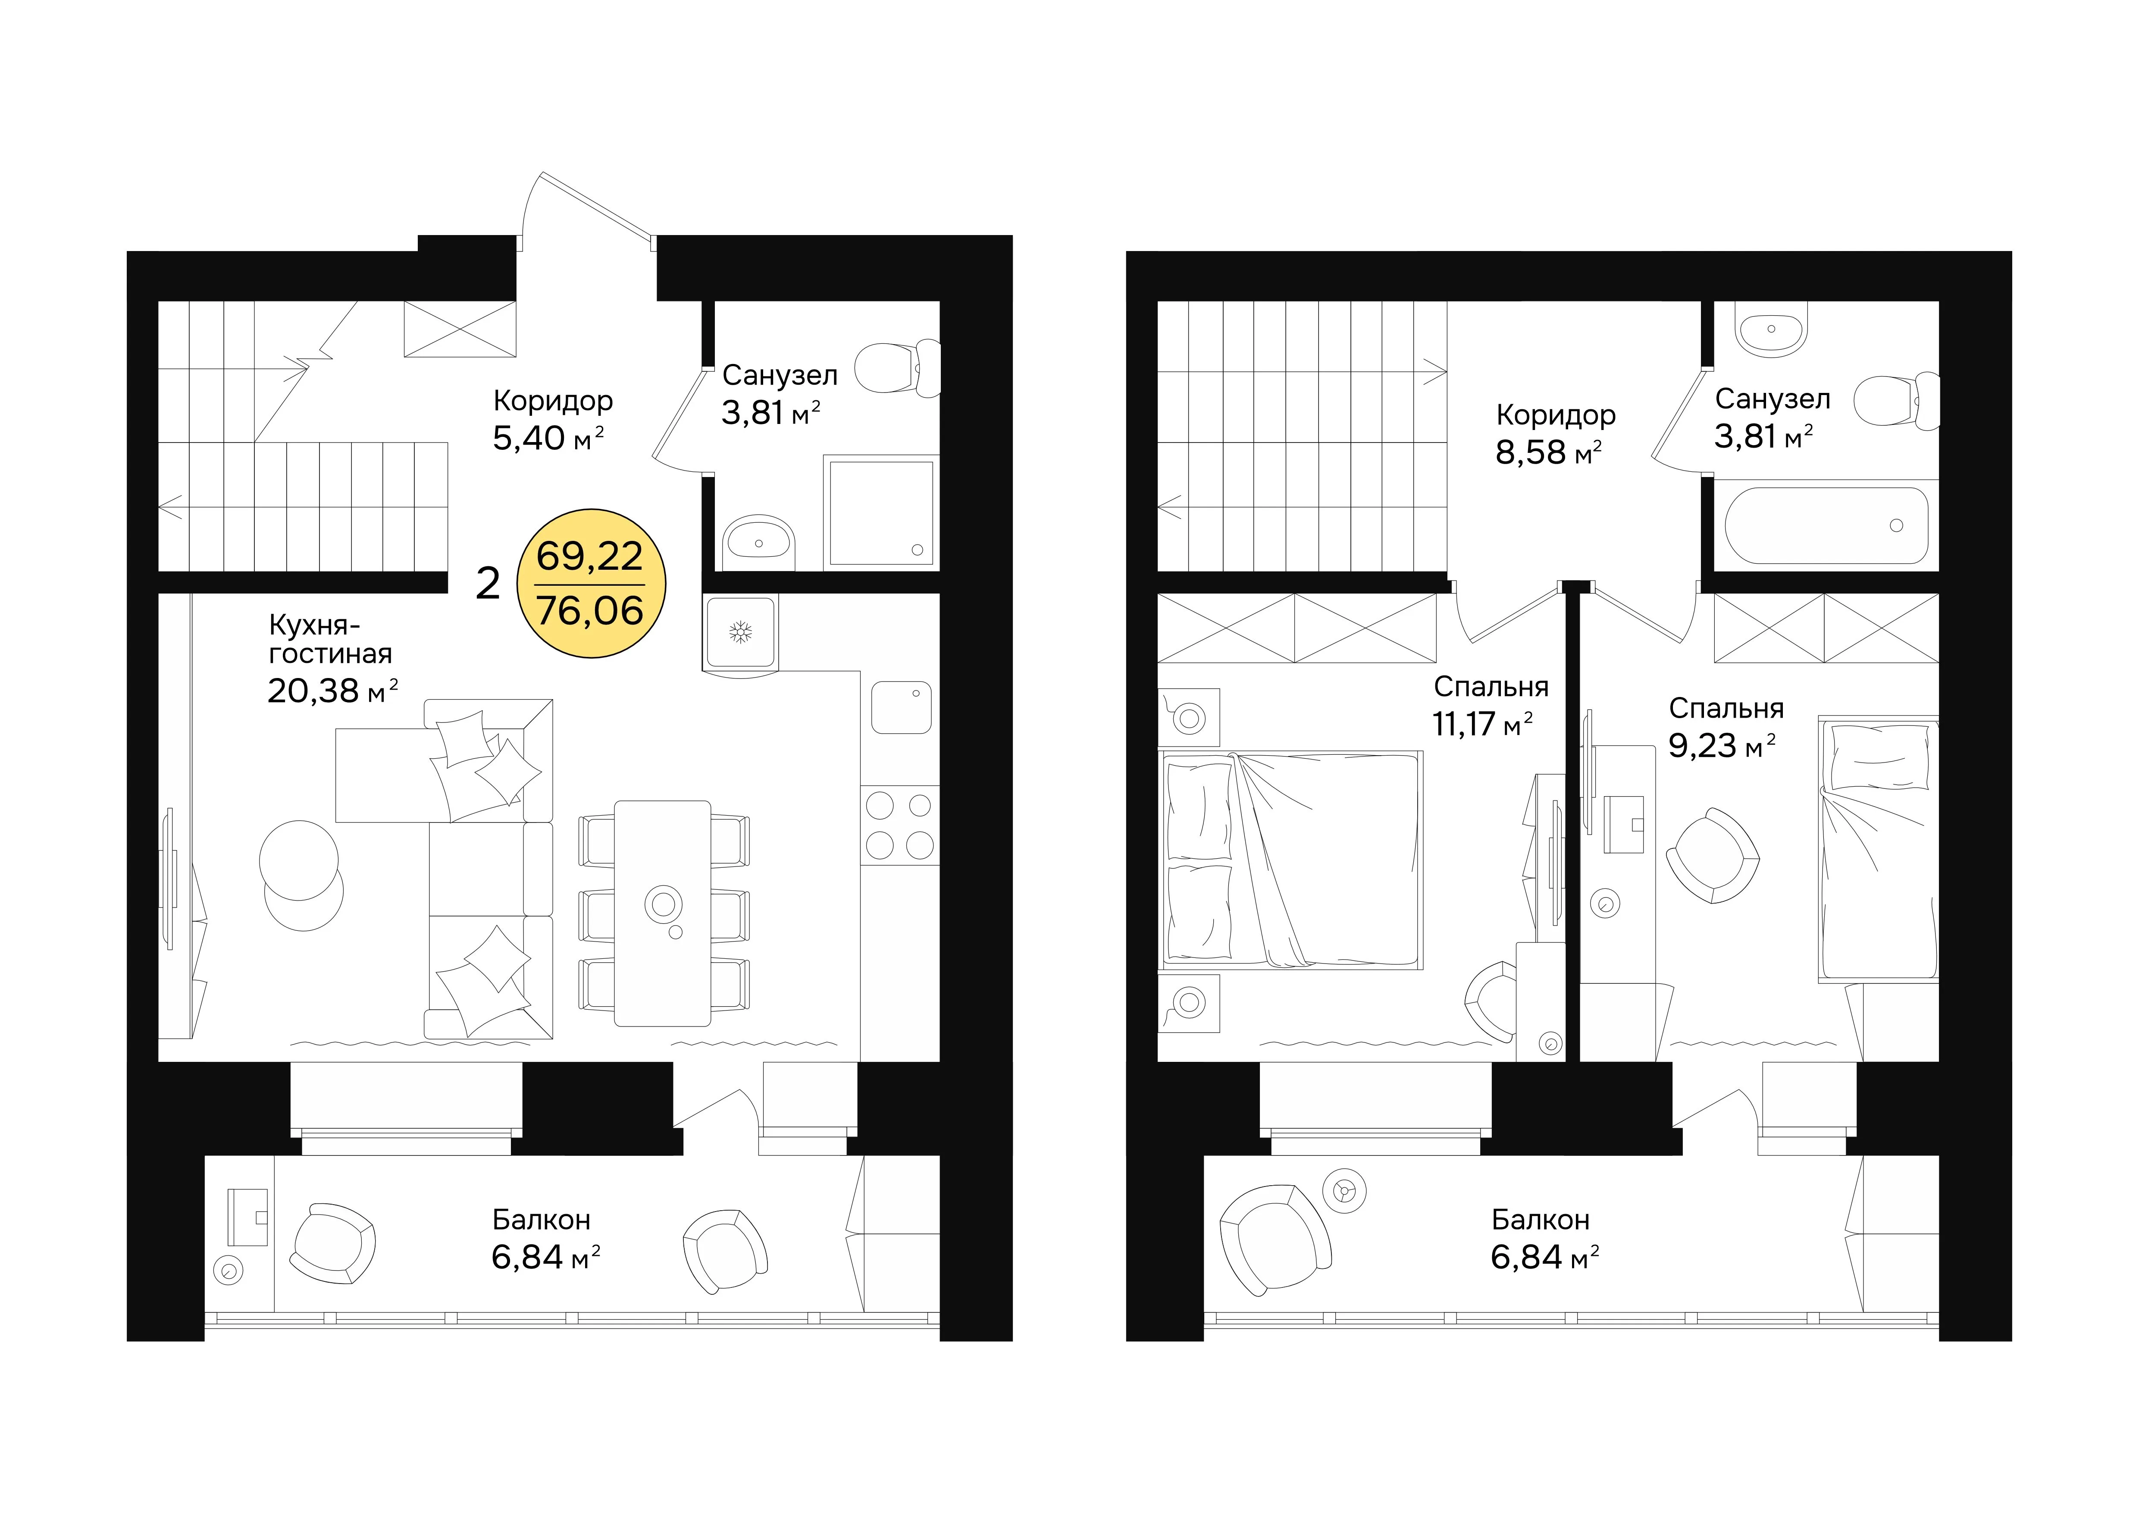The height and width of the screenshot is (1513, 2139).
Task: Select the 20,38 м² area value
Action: [x=332, y=691]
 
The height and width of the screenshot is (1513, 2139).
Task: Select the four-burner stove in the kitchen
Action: [x=900, y=826]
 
